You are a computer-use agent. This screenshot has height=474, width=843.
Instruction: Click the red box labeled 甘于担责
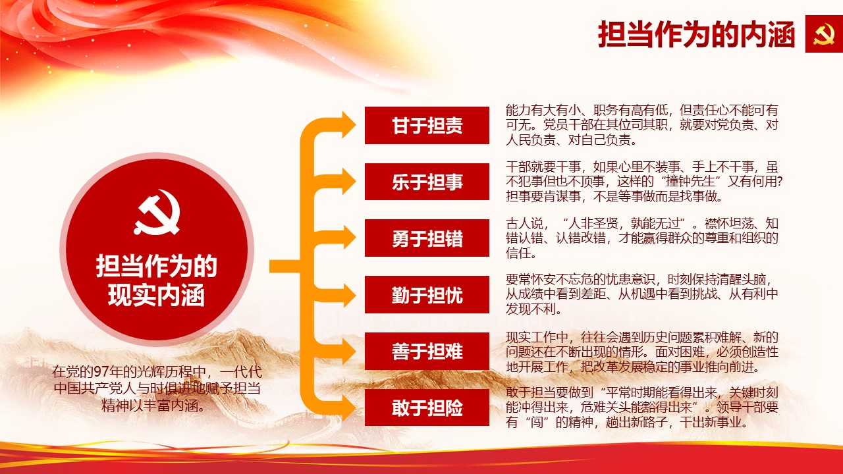(x=427, y=125)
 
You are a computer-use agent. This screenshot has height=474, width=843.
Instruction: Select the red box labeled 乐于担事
(x=427, y=182)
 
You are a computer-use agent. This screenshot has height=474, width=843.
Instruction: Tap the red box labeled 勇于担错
(x=427, y=238)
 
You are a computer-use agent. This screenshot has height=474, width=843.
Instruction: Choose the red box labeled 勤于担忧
(x=427, y=294)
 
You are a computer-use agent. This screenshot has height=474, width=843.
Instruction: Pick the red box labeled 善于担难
(x=427, y=351)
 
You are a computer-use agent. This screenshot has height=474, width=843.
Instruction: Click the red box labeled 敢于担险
(x=427, y=408)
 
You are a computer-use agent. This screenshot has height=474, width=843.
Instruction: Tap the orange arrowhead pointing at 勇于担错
(x=349, y=238)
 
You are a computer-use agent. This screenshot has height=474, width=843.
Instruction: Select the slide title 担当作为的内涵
(x=696, y=34)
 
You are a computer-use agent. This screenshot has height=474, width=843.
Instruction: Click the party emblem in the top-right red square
(x=823, y=34)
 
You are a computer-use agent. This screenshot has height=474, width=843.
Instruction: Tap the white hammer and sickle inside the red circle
(x=157, y=213)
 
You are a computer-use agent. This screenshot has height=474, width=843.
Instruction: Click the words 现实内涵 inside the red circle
(x=156, y=296)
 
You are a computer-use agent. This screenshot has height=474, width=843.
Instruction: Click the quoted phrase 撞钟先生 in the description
(x=690, y=182)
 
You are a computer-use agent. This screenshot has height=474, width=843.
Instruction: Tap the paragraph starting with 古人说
(x=641, y=238)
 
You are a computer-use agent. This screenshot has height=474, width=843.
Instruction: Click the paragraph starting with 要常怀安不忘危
(x=641, y=294)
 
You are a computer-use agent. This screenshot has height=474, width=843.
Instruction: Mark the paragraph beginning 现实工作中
(x=641, y=352)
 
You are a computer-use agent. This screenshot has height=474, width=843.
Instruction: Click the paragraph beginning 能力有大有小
(x=641, y=125)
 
